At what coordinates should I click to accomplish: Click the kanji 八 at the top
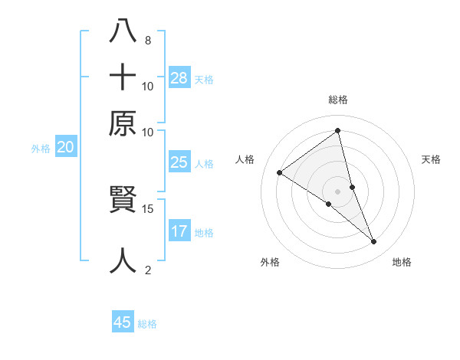click(123, 32)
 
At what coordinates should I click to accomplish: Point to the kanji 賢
click(123, 201)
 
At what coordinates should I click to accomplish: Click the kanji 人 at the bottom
click(123, 260)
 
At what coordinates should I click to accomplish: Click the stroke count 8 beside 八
click(147, 40)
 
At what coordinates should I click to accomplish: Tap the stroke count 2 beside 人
click(147, 269)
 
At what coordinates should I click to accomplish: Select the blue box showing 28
click(179, 77)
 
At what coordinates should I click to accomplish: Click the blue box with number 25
click(179, 162)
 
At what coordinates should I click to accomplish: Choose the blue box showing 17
click(179, 231)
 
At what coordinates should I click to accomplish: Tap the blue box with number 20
click(65, 148)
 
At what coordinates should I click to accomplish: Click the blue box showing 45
click(123, 322)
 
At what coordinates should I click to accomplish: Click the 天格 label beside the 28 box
click(204, 79)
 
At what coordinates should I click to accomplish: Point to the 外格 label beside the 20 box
click(41, 149)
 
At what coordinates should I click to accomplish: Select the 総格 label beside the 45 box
click(147, 324)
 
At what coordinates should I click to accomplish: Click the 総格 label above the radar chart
click(338, 100)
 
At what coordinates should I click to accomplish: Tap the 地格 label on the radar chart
click(402, 262)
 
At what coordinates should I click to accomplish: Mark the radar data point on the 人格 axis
click(280, 173)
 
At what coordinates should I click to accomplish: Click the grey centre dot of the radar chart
click(338, 191)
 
